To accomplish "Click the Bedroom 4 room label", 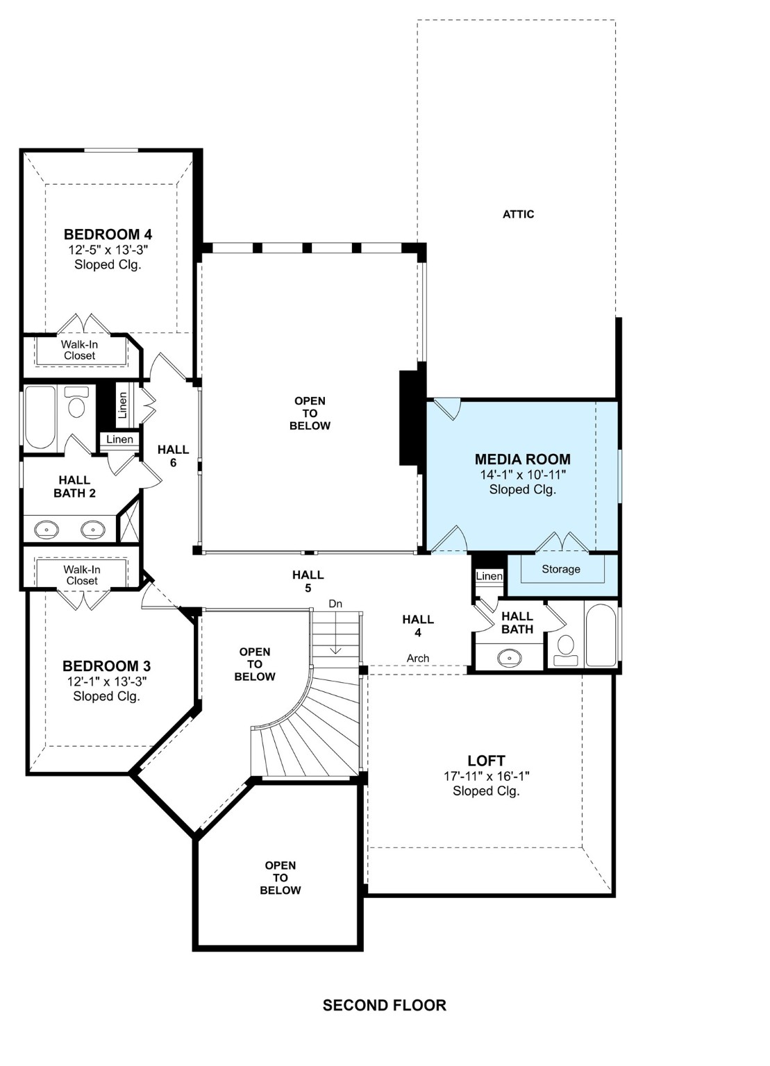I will coord(108,235).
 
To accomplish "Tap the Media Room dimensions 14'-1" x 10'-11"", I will coord(523,475).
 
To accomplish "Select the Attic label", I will coord(518,214).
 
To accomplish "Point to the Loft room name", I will coord(486,761).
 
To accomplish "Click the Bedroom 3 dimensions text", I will coord(107,682).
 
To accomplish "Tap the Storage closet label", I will coord(560,569).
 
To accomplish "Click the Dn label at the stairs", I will coord(335,604).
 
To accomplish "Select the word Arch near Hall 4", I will coord(417,658).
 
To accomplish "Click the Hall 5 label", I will coord(308,581).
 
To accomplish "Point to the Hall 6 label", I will coord(173,455).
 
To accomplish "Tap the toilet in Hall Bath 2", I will coord(76,403).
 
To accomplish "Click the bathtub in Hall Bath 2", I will coord(40,418).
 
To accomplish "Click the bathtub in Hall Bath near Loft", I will coord(600,635).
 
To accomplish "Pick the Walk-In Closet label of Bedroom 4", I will coord(79,350).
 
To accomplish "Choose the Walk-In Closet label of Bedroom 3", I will coord(82,575).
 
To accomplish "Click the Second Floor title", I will coord(384,1005).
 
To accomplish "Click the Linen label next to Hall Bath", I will coord(489,576).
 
